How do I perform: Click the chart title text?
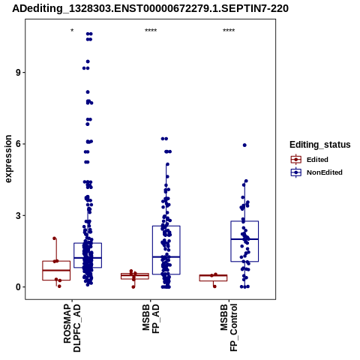click(x=150, y=8)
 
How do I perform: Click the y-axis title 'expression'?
click(x=8, y=159)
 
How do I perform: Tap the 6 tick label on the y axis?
click(x=18, y=144)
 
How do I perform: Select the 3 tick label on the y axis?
click(x=18, y=215)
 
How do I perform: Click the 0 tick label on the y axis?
click(x=18, y=287)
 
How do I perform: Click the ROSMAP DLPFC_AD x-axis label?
click(x=72, y=328)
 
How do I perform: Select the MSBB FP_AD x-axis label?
click(x=151, y=318)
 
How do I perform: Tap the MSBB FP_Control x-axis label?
click(x=229, y=327)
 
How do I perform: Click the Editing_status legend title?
click(x=320, y=145)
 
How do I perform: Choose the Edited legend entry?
click(x=310, y=160)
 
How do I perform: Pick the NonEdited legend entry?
click(x=316, y=172)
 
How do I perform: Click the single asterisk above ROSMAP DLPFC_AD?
click(x=72, y=31)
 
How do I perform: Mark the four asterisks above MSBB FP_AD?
click(x=151, y=31)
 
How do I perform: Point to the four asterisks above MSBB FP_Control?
click(x=229, y=31)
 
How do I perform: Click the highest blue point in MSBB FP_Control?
click(x=244, y=145)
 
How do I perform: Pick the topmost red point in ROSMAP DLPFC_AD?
click(x=55, y=238)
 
